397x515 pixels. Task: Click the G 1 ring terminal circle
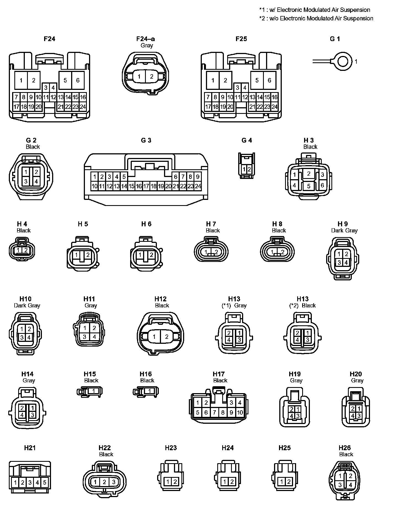343,61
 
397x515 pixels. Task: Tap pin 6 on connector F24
78,80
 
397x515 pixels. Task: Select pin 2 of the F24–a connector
151,76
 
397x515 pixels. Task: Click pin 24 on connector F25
275,107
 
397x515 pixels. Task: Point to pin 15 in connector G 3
132,186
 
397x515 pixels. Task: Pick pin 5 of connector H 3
309,186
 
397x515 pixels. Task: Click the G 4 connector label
246,140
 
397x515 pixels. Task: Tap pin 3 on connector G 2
26,181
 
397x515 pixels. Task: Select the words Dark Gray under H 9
344,230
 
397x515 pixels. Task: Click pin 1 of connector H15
94,391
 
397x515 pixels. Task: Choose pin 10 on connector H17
240,413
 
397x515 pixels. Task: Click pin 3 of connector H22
114,482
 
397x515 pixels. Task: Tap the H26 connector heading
345,448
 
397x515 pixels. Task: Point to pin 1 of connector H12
154,337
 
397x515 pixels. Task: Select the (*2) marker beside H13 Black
294,305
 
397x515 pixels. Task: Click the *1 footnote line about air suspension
315,10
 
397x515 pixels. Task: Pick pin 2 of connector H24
232,482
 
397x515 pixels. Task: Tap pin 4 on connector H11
94,337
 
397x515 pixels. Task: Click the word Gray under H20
357,380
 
